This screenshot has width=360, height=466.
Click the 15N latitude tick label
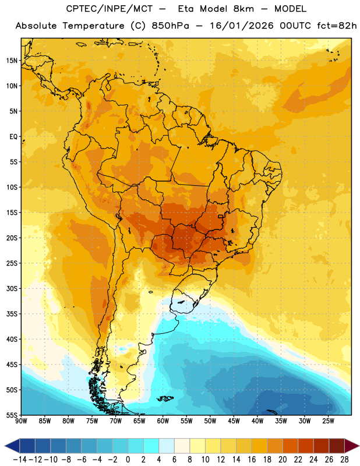pyautogui.click(x=12, y=61)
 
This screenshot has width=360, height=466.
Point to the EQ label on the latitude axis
pyautogui.click(x=13, y=137)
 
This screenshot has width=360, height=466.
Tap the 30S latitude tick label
pyautogui.click(x=12, y=288)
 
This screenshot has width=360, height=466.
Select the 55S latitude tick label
pyautogui.click(x=12, y=415)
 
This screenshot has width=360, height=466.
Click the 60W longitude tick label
pyautogui.click(x=163, y=421)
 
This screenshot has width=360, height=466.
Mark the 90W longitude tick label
pyautogui.click(x=21, y=421)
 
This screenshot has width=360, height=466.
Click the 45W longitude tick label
pyautogui.click(x=234, y=421)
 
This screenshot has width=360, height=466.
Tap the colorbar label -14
pyautogui.click(x=20, y=460)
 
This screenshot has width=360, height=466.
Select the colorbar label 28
pyautogui.click(x=344, y=460)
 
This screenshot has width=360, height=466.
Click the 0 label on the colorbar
pyautogui.click(x=128, y=460)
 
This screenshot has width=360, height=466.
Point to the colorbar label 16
pyautogui.click(x=252, y=460)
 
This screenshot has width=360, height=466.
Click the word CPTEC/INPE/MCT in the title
pyautogui.click(x=110, y=9)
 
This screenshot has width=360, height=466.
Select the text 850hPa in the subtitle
pyautogui.click(x=170, y=26)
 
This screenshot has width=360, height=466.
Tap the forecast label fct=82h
pyautogui.click(x=337, y=26)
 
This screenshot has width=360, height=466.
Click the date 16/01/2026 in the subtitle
pyautogui.click(x=242, y=26)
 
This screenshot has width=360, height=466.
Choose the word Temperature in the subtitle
pyautogui.click(x=93, y=26)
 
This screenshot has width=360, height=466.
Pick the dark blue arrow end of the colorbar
pyautogui.click(x=12, y=446)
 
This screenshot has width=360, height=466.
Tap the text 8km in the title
pyautogui.click(x=243, y=9)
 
